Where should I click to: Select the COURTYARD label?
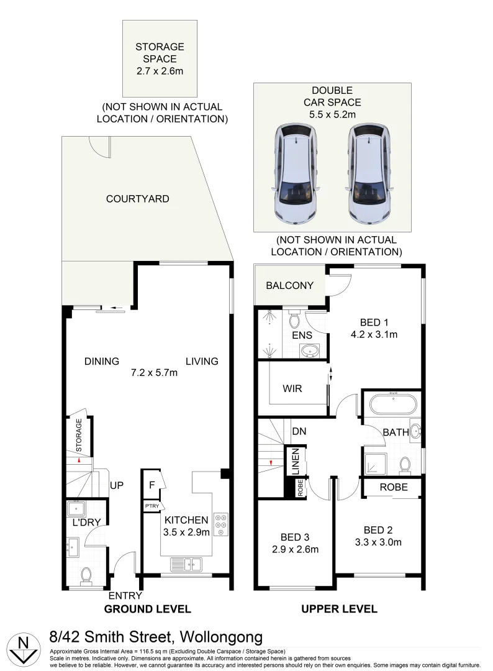click(x=138, y=199)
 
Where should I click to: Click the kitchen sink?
click(x=186, y=564)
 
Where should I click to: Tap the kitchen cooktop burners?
click(x=220, y=524)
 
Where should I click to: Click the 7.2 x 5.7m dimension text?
click(x=154, y=373)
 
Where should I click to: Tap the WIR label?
click(x=292, y=389)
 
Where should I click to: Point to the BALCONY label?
click(x=289, y=286)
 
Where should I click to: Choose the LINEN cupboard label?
click(x=296, y=462)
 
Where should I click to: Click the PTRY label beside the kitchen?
click(x=152, y=506)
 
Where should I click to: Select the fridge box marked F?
click(x=152, y=485)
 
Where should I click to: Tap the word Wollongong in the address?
click(x=222, y=637)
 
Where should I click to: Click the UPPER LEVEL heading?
click(x=339, y=609)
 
